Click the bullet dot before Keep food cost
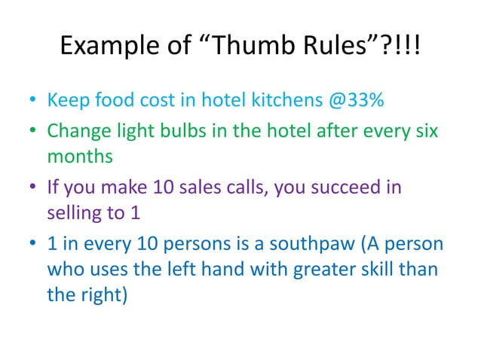(x=33, y=101)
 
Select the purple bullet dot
(x=33, y=188)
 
